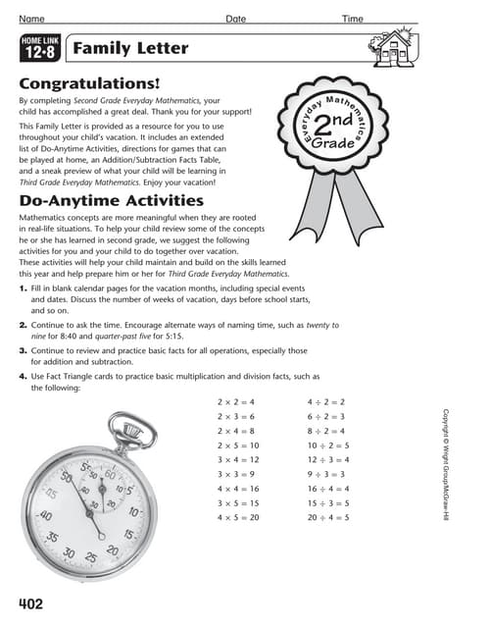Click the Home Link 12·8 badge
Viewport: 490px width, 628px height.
[x=41, y=47]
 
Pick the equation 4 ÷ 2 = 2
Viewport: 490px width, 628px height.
[x=333, y=401]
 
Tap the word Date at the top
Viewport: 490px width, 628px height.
[x=236, y=19]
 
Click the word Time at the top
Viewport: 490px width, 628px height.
[x=352, y=19]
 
